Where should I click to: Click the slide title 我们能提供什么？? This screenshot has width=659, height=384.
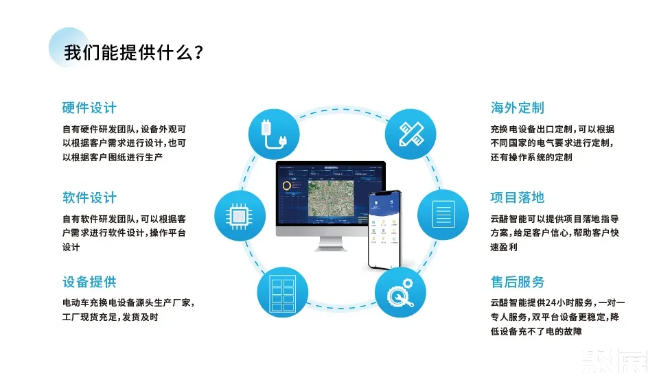133,52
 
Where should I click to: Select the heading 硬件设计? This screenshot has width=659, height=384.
89,108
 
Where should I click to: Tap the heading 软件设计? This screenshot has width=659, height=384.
89,198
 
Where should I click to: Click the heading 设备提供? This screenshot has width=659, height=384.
89,282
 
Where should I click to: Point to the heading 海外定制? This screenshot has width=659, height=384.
518,108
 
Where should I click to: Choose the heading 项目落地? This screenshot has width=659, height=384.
518,197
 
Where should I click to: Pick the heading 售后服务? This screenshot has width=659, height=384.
518,282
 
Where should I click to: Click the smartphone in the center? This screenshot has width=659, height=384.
385,230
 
